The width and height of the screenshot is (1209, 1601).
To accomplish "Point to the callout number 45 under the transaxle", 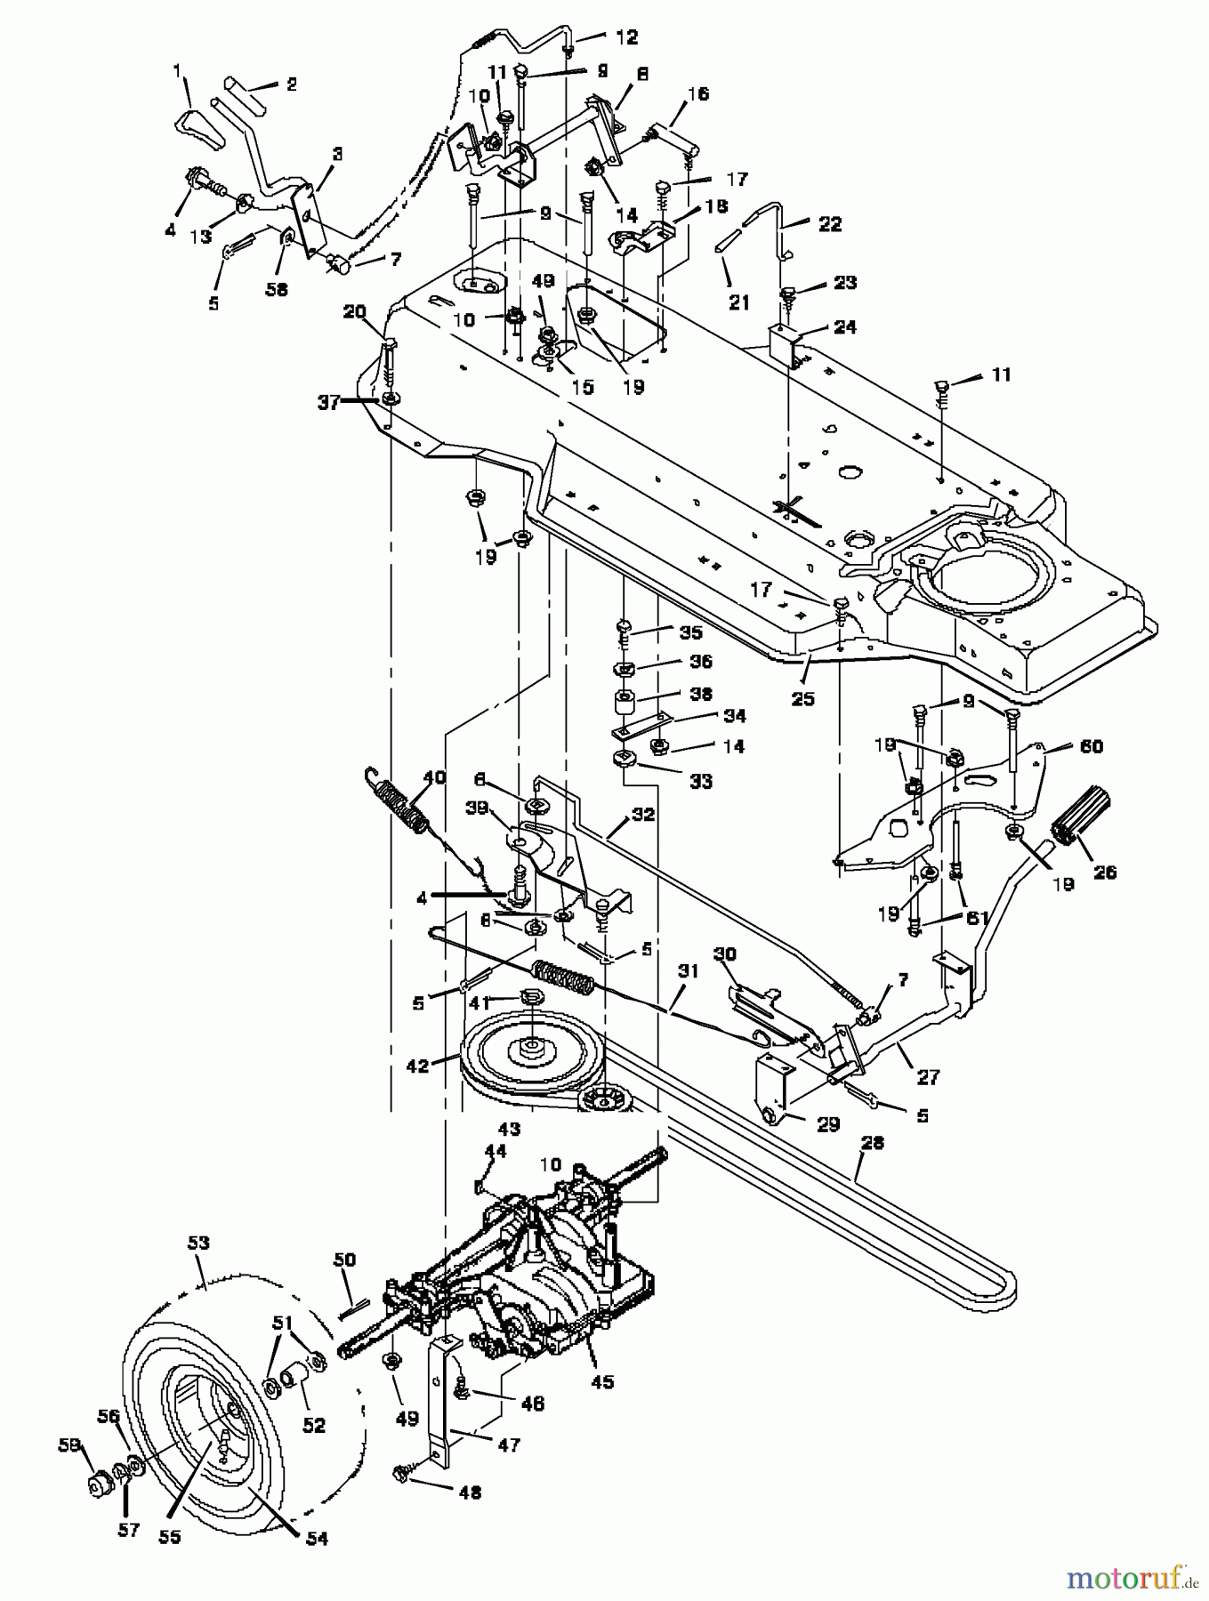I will (601, 1382).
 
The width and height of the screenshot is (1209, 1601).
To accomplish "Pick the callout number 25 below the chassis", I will (802, 699).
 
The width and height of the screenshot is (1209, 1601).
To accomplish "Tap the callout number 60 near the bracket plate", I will (1091, 746).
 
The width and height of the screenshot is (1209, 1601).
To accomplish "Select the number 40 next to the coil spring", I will (434, 776).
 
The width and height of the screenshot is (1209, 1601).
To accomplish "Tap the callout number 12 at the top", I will (626, 37).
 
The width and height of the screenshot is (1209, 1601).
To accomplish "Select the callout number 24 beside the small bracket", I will (844, 327).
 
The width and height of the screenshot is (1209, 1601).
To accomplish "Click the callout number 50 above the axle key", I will (343, 1260).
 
